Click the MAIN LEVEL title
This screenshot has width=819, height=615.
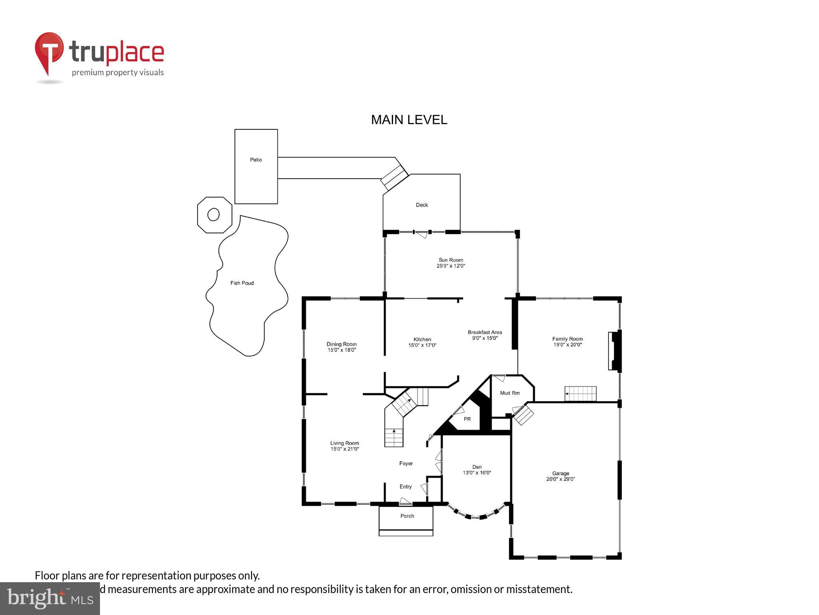click(x=409, y=120)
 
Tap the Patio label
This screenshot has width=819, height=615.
click(x=256, y=160)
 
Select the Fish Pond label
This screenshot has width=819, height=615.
click(x=242, y=283)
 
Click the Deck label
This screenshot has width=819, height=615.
click(x=422, y=205)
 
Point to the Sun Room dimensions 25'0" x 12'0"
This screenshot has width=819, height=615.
click(x=451, y=266)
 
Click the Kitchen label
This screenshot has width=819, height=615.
click(x=422, y=339)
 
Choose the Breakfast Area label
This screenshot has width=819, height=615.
click(x=485, y=332)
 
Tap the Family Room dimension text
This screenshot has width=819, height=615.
click(x=567, y=345)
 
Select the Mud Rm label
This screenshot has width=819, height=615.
click(x=510, y=393)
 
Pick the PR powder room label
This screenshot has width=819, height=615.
click(x=467, y=419)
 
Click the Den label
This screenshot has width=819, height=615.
click(x=477, y=467)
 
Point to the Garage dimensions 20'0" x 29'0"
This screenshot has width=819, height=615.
click(x=561, y=479)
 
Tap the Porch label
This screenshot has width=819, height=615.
click(x=407, y=516)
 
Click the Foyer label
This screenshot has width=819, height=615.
click(x=406, y=464)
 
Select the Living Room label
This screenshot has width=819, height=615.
click(x=344, y=443)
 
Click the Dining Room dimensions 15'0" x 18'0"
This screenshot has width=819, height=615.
click(x=342, y=350)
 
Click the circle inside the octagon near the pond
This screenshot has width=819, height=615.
click(x=214, y=215)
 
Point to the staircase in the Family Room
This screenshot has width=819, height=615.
click(x=580, y=394)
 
